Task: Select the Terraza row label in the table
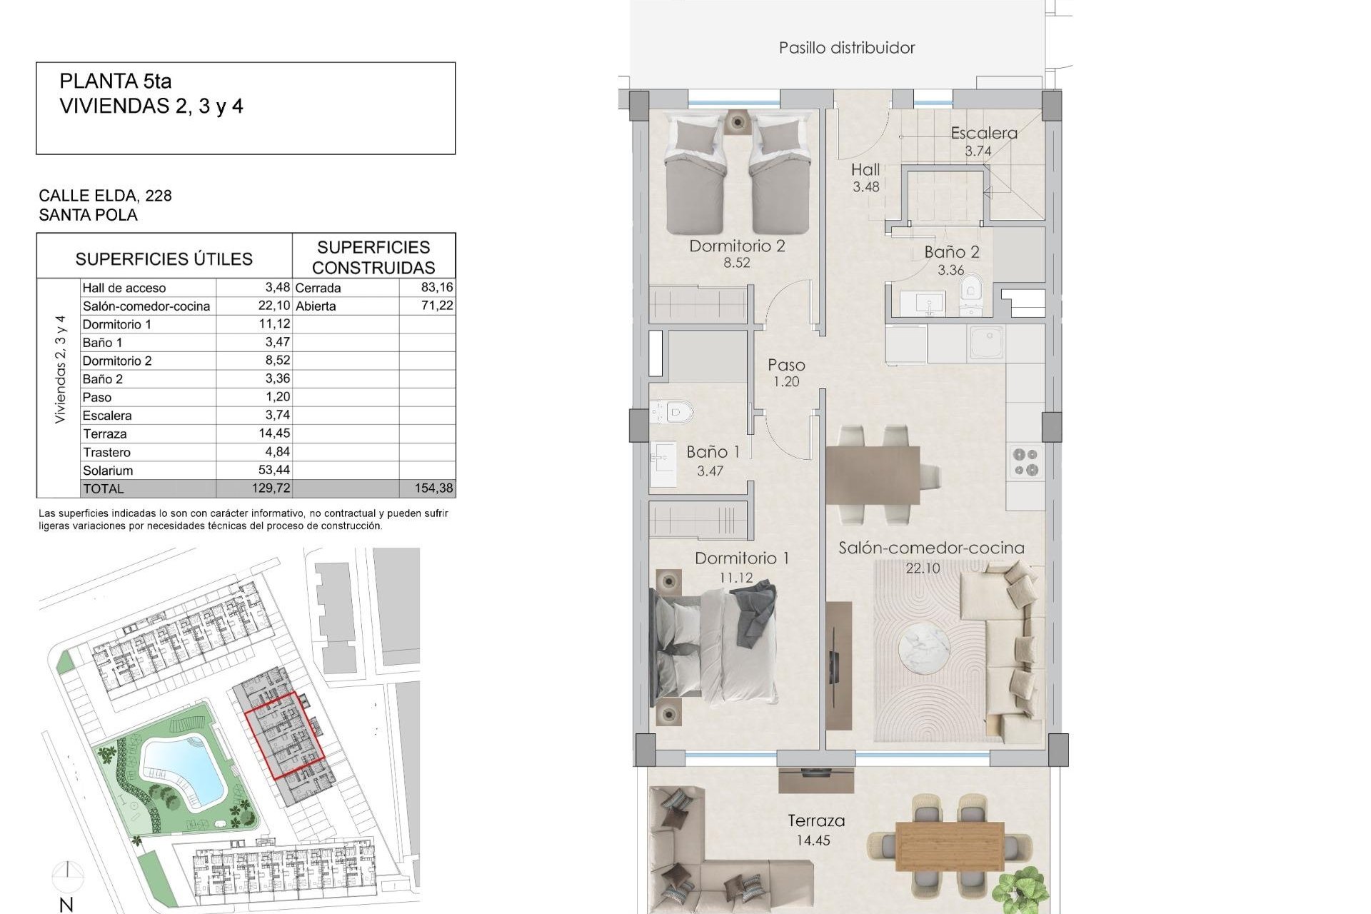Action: pyautogui.click(x=104, y=433)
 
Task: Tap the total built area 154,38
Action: pyautogui.click(x=433, y=488)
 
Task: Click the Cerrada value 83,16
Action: pyautogui.click(x=437, y=287)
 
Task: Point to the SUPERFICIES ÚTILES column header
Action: pyautogui.click(x=164, y=258)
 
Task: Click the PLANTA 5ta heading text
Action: pyautogui.click(x=116, y=81)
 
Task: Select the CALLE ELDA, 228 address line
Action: pyautogui.click(x=105, y=196)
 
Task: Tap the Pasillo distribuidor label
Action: pyautogui.click(x=846, y=48)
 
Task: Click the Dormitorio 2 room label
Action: pyautogui.click(x=737, y=246)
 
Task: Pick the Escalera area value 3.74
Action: pyautogui.click(x=978, y=151)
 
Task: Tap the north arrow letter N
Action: pyautogui.click(x=66, y=905)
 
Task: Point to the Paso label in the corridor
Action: pyautogui.click(x=786, y=365)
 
